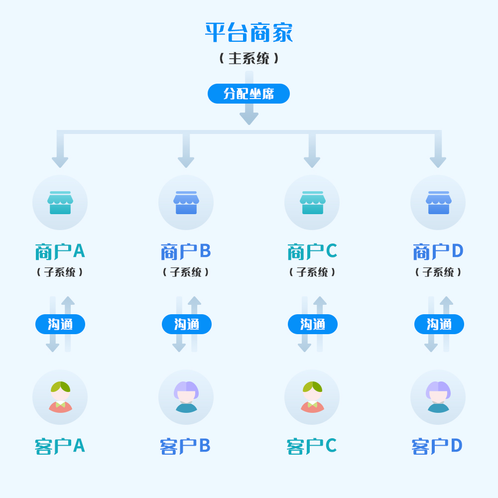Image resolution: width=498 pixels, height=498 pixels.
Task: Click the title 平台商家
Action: tap(249, 33)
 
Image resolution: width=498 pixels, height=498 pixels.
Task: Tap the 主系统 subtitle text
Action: tap(249, 58)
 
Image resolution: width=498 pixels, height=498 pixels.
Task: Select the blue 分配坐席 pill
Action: tap(249, 94)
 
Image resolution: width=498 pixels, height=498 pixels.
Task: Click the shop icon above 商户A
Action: tap(60, 203)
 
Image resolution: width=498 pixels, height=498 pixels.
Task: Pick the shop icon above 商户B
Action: tap(186, 203)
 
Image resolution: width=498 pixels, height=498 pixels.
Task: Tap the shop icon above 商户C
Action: tap(312, 203)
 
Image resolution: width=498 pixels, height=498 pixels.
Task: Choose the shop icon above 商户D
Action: tap(438, 203)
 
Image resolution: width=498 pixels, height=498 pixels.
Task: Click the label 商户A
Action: tap(60, 251)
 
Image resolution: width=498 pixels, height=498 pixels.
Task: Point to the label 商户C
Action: tap(312, 251)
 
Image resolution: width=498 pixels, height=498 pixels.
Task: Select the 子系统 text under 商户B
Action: tap(186, 272)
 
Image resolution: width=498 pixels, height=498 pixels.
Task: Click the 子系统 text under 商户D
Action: tap(438, 272)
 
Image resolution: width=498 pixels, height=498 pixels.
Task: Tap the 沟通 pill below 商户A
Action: tap(60, 324)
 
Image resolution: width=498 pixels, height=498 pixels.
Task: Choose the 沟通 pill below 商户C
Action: tap(313, 324)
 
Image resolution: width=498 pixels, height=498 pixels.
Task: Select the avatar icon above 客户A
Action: tap(60, 397)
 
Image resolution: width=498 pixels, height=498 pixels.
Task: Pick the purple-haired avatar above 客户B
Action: tap(186, 397)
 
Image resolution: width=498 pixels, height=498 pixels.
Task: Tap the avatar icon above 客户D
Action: tap(438, 397)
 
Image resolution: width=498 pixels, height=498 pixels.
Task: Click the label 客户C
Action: tap(312, 446)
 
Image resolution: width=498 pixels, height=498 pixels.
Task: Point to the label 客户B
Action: tap(185, 446)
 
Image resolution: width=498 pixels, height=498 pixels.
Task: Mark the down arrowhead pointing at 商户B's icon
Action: tap(186, 162)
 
